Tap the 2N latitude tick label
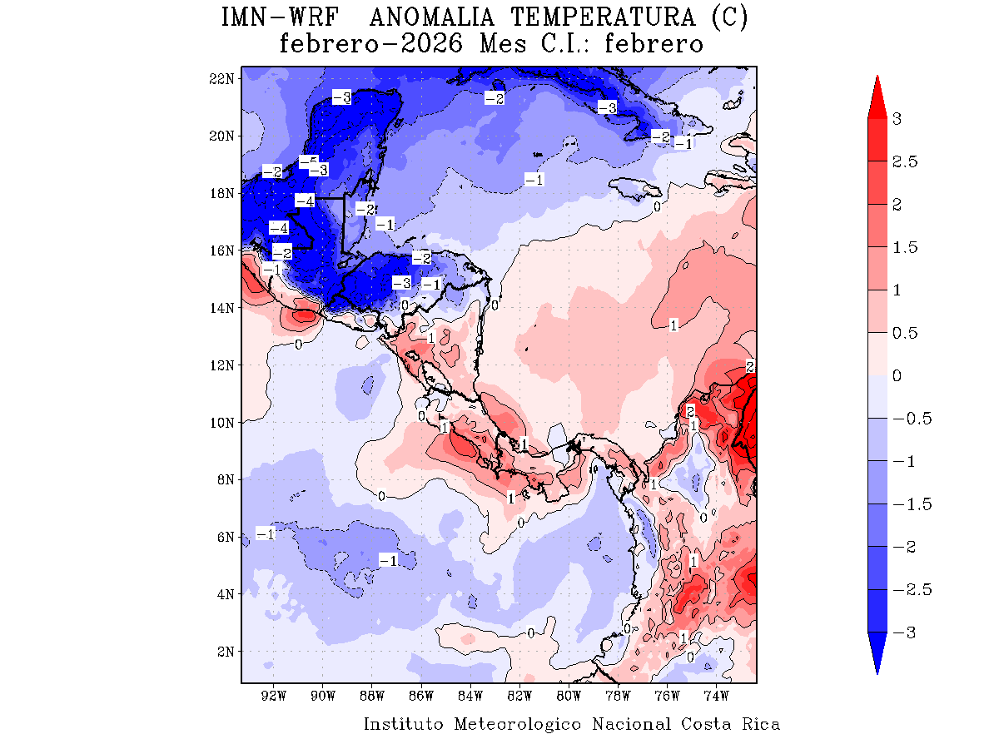click(x=223, y=651)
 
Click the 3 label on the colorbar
click(x=897, y=119)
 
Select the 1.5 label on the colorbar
click(x=905, y=247)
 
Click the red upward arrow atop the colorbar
click(x=877, y=96)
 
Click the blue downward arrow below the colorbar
click(x=877, y=653)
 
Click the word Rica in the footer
click(x=761, y=724)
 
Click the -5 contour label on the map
click(x=308, y=161)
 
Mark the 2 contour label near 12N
click(x=750, y=366)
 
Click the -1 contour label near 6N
click(x=266, y=534)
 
